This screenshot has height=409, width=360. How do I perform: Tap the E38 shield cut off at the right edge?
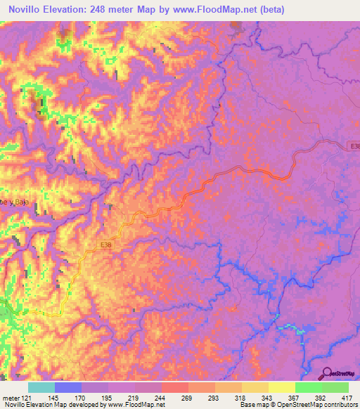point(355,146)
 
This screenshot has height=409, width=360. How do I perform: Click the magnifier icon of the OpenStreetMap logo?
point(327,373)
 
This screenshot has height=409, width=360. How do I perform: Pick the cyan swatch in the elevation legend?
point(41,387)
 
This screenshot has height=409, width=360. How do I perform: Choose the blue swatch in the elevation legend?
point(68,387)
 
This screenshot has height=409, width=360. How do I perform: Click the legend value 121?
point(27,397)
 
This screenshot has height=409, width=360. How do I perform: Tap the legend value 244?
point(160,397)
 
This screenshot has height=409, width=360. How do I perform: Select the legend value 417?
point(347,397)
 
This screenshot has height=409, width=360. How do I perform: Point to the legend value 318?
point(240,397)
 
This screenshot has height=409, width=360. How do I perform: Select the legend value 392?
point(320,397)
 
